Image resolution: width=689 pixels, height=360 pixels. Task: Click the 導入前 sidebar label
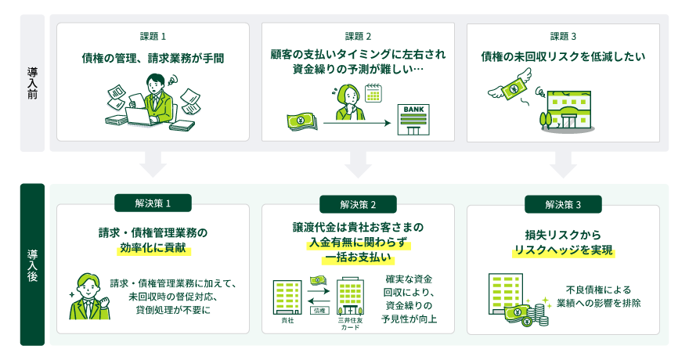[x=32, y=83]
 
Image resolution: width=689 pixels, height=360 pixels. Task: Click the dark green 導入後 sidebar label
[x=32, y=265]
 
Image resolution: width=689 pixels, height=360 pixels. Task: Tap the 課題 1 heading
[x=153, y=37]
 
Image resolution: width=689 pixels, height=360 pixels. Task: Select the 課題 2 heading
[x=358, y=37]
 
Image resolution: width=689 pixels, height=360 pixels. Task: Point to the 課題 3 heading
[x=563, y=37]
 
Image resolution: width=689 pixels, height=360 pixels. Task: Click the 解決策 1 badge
[x=153, y=203]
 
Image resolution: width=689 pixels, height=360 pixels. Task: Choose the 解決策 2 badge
[x=358, y=204]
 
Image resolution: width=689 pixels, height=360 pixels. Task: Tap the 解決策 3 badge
[x=563, y=204]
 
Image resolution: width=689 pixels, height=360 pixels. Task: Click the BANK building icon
[x=413, y=120]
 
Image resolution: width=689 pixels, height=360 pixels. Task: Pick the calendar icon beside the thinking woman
[x=373, y=93]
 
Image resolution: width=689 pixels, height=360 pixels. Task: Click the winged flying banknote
[x=510, y=87]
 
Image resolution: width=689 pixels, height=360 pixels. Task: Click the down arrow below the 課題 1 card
[x=153, y=164]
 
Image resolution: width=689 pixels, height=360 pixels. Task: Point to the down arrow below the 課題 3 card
[x=563, y=164]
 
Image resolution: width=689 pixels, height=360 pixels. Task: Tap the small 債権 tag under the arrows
[x=319, y=311]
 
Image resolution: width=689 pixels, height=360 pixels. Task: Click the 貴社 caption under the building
[x=287, y=321]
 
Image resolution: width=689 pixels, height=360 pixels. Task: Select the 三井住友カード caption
[x=350, y=324]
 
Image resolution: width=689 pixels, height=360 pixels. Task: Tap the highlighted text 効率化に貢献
[x=153, y=248]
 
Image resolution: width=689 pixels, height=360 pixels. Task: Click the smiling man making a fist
[x=89, y=297]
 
